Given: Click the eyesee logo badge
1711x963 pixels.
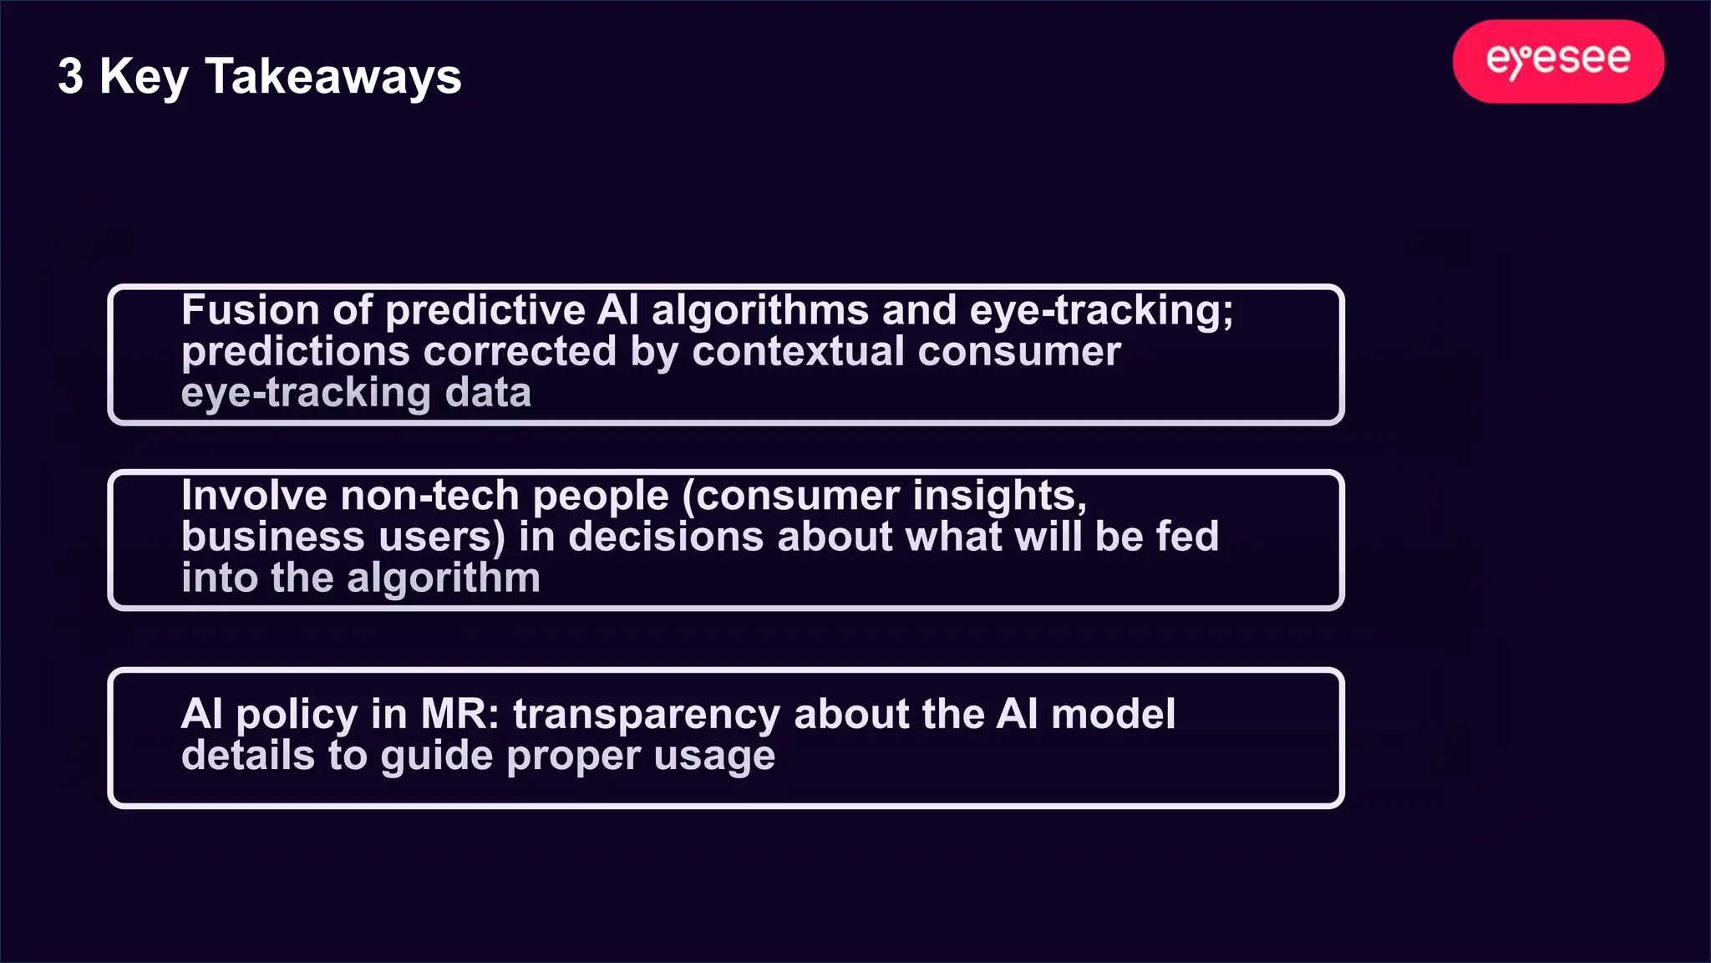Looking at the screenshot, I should pos(1558,61).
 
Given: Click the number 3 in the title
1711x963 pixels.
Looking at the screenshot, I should pos(71,77).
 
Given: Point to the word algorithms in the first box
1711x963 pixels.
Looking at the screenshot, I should pos(760,311).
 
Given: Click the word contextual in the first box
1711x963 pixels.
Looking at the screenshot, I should pos(798,352).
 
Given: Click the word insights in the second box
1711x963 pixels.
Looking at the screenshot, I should pos(999,496).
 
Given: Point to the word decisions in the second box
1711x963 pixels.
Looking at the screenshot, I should pos(666,537).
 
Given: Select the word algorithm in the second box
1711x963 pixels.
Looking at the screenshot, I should pos(444,578).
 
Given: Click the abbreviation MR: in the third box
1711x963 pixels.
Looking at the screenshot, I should pos(459,715).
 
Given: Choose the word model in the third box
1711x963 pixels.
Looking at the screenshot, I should pos(1113,715).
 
